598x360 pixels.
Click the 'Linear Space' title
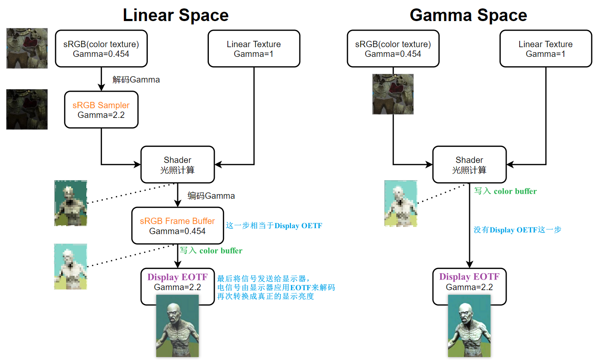pos(176,15)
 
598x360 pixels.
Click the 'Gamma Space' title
pos(468,15)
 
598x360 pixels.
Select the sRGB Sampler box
pos(101,110)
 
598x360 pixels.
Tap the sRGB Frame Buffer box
pos(177,226)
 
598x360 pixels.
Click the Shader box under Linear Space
pos(177,165)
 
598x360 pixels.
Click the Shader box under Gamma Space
pos(469,165)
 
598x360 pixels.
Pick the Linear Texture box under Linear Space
pos(254,49)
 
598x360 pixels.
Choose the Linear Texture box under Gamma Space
pos(545,49)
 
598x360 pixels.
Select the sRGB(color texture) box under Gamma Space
pos(393,49)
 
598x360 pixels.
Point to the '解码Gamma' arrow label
pos(136,80)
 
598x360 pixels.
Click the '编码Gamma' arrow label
pos(211,196)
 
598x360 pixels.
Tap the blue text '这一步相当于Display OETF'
pos(274,226)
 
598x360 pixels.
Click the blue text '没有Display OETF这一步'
pos(517,230)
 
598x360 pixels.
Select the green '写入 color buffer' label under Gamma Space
pos(505,191)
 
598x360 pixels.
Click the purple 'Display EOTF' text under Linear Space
pos(177,277)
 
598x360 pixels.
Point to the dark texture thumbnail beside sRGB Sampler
pos(27,109)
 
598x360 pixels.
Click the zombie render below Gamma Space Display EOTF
pos(469,326)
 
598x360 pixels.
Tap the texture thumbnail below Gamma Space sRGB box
pos(393,94)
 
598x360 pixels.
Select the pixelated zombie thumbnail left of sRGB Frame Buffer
pos(71,267)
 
